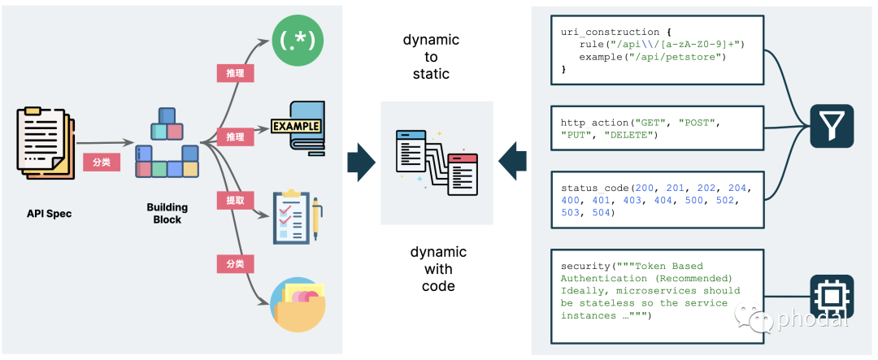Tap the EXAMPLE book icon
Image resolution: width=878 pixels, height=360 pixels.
pos(298,128)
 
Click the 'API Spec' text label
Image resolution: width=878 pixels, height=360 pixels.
pos(50,213)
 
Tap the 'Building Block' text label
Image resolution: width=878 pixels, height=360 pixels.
pos(167,213)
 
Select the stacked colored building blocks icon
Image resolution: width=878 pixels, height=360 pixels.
pos(167,143)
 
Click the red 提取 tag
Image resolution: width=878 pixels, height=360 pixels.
pos(236,200)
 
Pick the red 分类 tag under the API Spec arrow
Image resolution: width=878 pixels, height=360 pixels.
pos(102,163)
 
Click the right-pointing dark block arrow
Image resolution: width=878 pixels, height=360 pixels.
pos(361,163)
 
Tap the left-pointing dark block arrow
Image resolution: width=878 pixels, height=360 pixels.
pos(512,162)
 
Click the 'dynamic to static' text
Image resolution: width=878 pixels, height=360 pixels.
pos(431,57)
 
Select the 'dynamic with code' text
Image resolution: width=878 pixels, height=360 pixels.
pos(438,269)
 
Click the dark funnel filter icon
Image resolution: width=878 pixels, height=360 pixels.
pos(832,126)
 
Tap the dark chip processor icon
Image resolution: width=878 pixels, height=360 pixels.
pos(832,296)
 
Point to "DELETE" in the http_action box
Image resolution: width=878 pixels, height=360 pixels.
pos(628,135)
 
